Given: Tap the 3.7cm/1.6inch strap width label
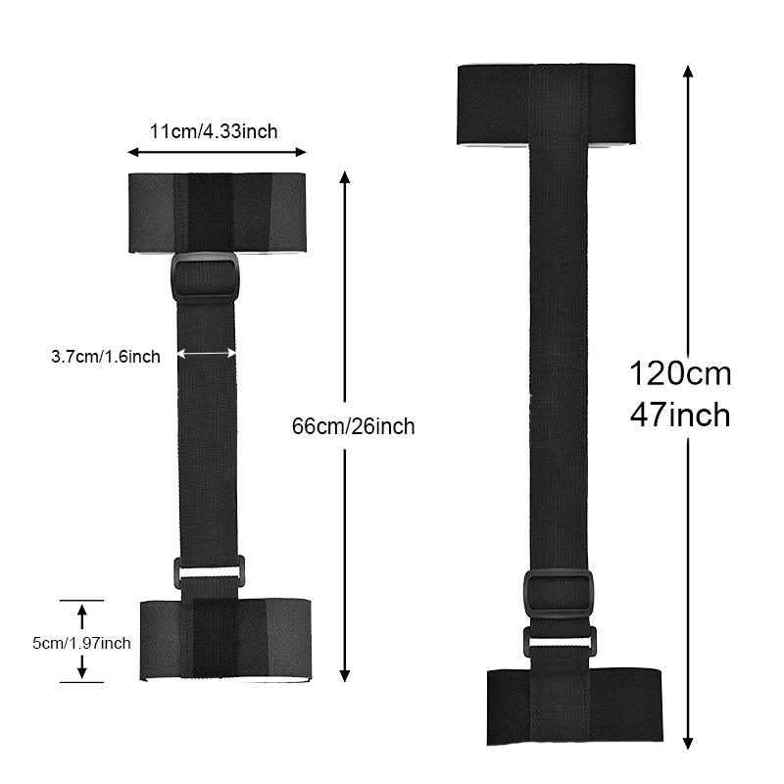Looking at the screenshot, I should coord(106,357).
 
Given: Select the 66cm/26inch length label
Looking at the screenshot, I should coord(353,426).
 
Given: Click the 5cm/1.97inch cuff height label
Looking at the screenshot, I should coord(81,643).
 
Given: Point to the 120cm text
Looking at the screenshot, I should coord(679,373).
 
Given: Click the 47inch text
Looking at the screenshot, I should coord(679,415).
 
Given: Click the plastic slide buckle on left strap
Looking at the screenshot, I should coord(205,278).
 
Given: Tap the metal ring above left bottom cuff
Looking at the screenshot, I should coord(209,571).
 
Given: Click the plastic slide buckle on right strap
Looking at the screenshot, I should coord(558,593).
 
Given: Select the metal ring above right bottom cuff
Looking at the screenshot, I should coord(558,642).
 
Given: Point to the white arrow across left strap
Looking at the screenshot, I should coord(207,354).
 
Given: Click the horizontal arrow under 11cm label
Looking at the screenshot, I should coord(217,152).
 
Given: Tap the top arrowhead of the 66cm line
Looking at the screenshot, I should coord(344,177).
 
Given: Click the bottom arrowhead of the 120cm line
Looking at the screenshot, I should coord(688,743).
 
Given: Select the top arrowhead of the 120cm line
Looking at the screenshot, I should coord(688,72).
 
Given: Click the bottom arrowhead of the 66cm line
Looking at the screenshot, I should coord(344,675).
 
